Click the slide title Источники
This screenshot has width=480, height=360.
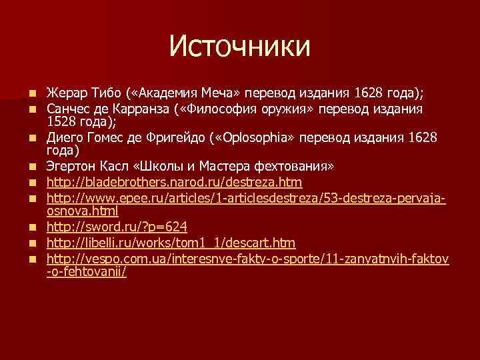tap(239, 46)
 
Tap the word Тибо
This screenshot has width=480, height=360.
tap(101, 91)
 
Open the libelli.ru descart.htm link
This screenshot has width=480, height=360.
tap(171, 243)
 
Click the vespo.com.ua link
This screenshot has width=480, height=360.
tap(247, 258)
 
